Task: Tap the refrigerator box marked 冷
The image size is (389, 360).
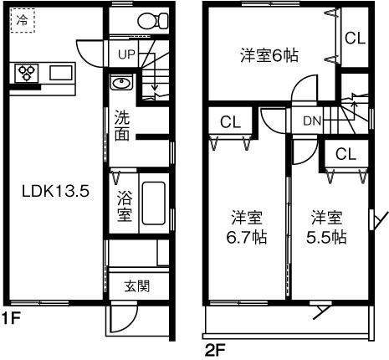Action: [23, 21]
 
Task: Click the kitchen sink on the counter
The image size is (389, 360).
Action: [61, 73]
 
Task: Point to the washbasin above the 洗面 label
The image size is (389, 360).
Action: [120, 84]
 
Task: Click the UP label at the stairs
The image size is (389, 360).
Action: [126, 55]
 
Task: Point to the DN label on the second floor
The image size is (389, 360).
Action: [311, 121]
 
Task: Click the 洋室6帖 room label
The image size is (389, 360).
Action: [269, 55]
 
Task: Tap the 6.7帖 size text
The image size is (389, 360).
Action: [248, 237]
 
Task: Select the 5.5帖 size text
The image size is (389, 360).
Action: [327, 237]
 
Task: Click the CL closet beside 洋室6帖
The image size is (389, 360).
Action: [355, 38]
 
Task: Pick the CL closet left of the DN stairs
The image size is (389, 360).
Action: [230, 122]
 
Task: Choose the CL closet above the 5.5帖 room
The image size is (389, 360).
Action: [345, 153]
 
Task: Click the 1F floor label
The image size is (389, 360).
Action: [9, 318]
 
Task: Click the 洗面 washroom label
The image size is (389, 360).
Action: [121, 125]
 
